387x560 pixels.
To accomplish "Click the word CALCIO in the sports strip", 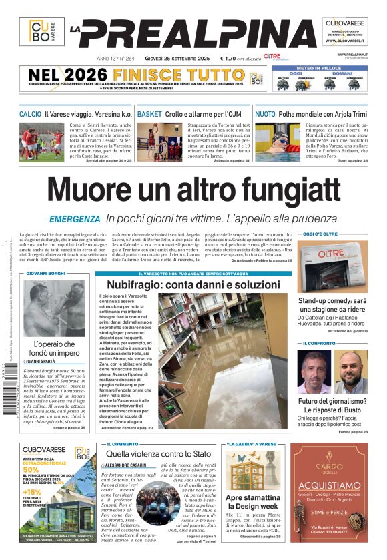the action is coord(30,115).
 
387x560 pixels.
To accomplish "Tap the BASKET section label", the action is coord(149,115).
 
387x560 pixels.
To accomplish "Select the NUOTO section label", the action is coord(265,115).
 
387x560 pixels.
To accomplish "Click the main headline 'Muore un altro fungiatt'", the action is coord(193,190).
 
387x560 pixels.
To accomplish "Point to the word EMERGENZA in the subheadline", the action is coord(75,219).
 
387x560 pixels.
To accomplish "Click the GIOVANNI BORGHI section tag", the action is coord(47,274).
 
